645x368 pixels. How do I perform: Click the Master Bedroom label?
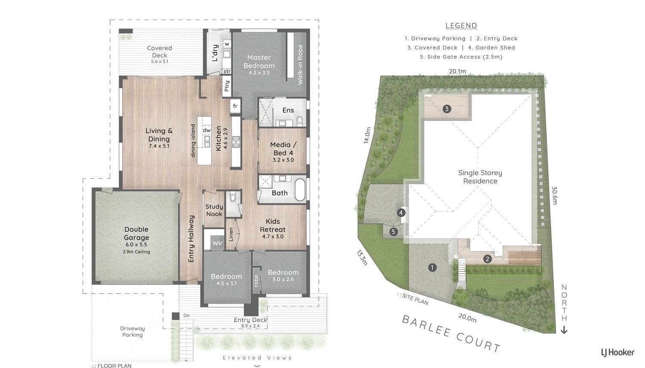point(259,61)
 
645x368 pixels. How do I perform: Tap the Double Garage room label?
point(136,233)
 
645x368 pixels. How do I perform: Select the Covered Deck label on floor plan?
point(159,52)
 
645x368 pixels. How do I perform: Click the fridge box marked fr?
point(235,106)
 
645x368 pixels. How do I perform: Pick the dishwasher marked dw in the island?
point(207,130)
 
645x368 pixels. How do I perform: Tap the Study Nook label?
point(214,210)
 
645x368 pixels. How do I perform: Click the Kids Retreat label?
point(272,225)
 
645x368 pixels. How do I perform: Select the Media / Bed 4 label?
point(283,149)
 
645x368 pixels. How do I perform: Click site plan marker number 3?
point(447,109)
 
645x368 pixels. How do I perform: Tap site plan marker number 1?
point(432,267)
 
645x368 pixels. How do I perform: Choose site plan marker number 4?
point(401,213)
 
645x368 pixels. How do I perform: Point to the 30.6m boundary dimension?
point(554,196)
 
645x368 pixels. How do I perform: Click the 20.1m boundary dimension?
point(457,71)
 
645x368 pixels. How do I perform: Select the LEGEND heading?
point(461,26)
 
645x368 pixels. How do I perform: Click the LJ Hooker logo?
point(617,353)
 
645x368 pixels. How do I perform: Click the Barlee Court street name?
point(451,334)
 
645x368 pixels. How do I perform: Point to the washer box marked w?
point(227,44)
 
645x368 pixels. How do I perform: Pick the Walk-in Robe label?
point(300,64)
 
